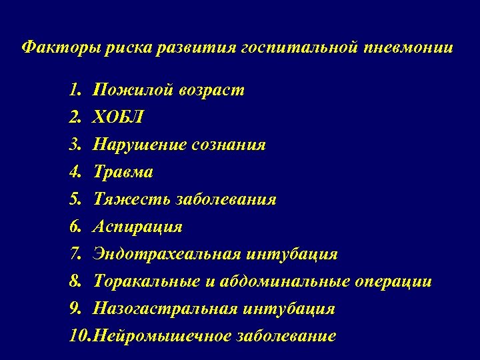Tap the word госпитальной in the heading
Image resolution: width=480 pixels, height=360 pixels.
[300, 48]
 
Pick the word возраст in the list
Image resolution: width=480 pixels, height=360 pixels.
[211, 90]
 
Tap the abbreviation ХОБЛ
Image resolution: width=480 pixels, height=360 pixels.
[118, 117]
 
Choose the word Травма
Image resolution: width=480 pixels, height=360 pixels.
[123, 172]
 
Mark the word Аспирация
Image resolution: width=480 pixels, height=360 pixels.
[138, 227]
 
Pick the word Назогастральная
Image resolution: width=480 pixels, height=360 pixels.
[164, 309]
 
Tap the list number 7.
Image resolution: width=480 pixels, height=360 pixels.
[74, 254]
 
